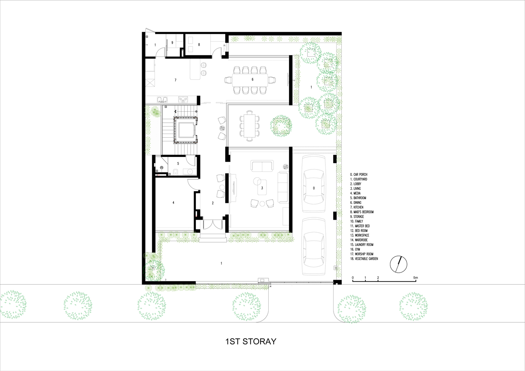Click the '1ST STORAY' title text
click(251, 341)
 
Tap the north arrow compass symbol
click(398, 264)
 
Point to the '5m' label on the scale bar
click(415, 278)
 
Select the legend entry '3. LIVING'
click(355, 188)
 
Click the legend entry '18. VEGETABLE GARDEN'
click(364, 259)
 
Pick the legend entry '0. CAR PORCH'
click(358, 175)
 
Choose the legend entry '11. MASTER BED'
click(360, 226)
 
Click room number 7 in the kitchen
click(175, 80)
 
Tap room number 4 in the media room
click(173, 203)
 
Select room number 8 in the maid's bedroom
click(199, 45)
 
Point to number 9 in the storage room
click(172, 43)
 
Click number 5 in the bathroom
click(178, 163)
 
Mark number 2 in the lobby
click(213, 203)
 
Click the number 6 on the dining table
click(252, 79)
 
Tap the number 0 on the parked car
click(314, 188)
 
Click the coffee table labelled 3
click(262, 187)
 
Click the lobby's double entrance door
click(213, 225)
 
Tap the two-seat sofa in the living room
click(262, 166)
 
